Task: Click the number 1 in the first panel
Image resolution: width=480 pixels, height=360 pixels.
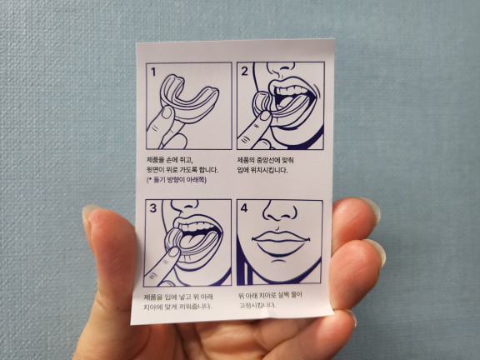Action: pos(153,72)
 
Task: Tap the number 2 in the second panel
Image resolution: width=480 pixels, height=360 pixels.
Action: pos(244,72)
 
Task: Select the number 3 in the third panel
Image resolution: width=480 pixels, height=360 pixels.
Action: pos(153,208)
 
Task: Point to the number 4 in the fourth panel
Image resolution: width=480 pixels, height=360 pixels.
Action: pos(244,207)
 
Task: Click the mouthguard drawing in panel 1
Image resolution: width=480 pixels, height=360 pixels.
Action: pos(189,98)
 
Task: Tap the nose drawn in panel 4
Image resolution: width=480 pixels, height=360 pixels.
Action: pos(279,211)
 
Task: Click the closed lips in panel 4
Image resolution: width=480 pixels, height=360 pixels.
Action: pos(280,243)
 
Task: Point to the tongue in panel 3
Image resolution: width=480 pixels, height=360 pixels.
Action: pos(192,241)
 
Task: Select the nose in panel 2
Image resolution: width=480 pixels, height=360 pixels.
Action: pos(281,69)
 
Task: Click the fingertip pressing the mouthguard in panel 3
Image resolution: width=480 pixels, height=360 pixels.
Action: pos(173,252)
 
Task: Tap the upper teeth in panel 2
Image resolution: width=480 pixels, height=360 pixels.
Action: pos(290,90)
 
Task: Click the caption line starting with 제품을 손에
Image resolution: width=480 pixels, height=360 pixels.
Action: pos(170,159)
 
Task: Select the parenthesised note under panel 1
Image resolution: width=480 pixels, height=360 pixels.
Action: pos(177,180)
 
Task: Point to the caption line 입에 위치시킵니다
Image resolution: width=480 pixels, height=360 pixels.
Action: pos(262,170)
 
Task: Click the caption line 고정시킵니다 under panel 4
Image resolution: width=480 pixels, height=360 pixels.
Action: pos(257,305)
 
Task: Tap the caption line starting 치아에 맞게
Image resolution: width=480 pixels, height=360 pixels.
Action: pos(177,306)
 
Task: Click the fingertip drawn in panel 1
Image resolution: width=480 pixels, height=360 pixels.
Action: pos(167,112)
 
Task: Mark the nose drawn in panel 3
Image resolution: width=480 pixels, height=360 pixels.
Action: pos(186,206)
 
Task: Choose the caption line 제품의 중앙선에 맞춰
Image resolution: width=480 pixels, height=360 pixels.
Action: pos(265,160)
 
